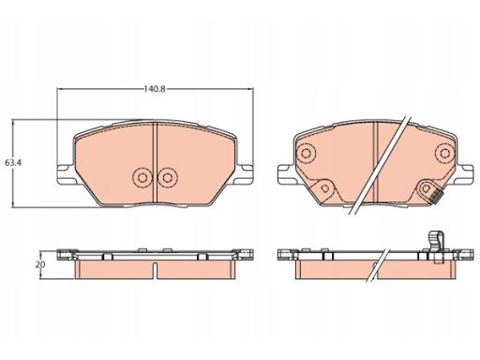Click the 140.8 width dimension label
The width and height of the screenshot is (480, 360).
coord(155,89)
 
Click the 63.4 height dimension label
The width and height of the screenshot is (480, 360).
coord(13,162)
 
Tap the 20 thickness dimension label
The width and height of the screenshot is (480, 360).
coord(40,264)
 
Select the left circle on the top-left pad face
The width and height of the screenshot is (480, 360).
coord(142,178)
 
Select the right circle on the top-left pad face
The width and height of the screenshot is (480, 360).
coord(168,178)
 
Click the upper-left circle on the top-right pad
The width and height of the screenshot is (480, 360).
coord(307,153)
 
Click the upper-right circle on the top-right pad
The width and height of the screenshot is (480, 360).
coord(444,153)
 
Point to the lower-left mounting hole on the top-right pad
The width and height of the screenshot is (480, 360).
coord(325,188)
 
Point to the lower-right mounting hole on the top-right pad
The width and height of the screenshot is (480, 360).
coord(426,188)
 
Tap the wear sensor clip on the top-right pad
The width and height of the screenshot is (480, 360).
coord(436,196)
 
